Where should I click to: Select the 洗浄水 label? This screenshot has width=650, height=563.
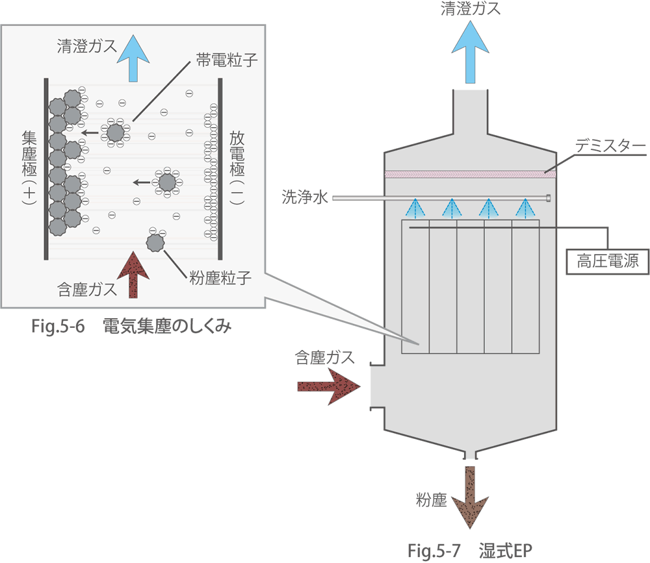303,196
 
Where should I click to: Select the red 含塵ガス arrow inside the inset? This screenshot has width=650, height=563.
133,275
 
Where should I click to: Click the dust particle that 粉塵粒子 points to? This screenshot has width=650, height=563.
155,243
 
